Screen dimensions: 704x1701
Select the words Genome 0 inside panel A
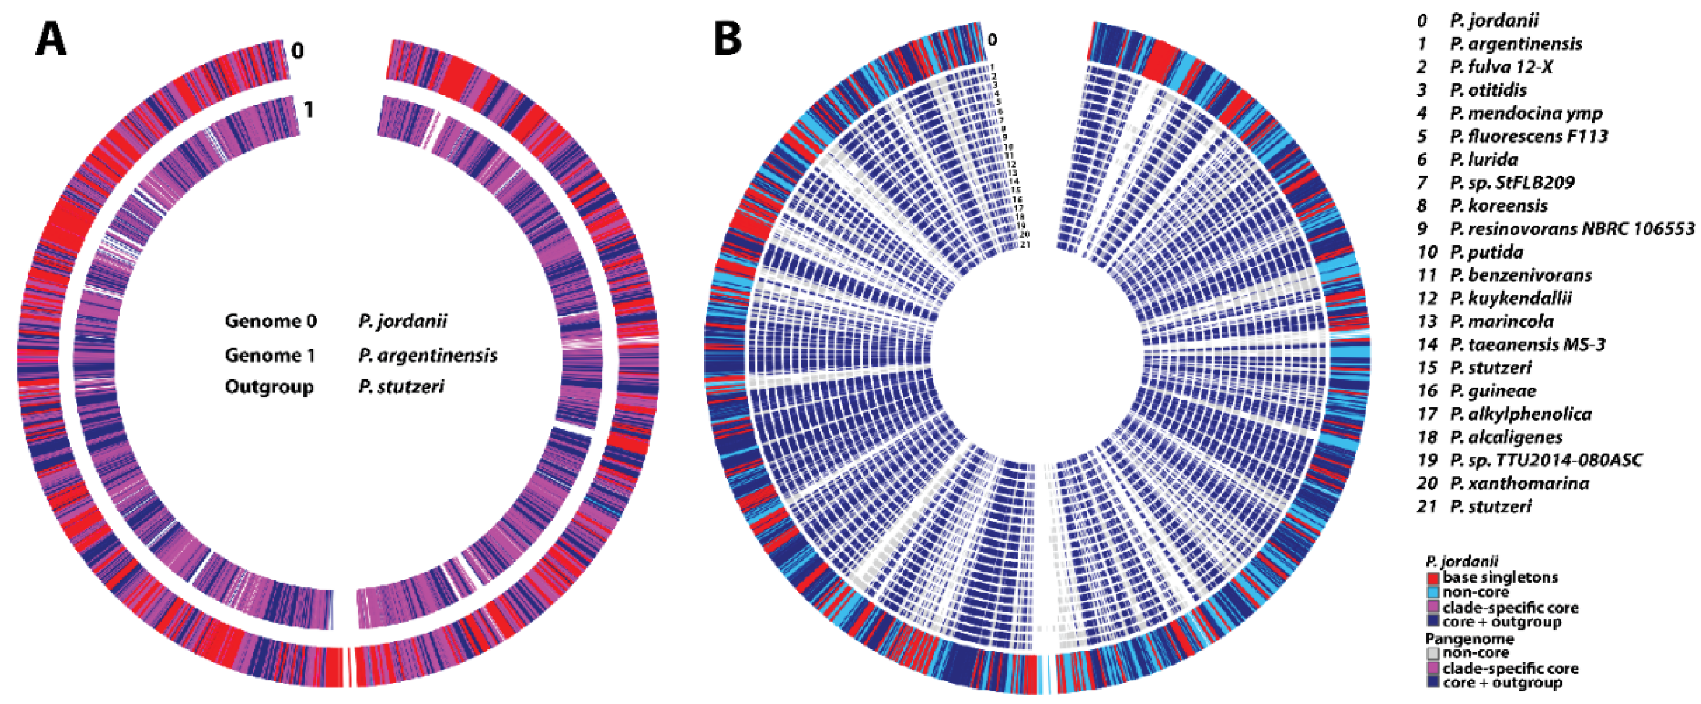click(271, 322)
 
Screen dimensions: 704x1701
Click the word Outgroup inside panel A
click(269, 386)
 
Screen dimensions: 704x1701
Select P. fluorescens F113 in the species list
click(1528, 136)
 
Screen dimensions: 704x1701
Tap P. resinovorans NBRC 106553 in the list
click(1572, 229)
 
